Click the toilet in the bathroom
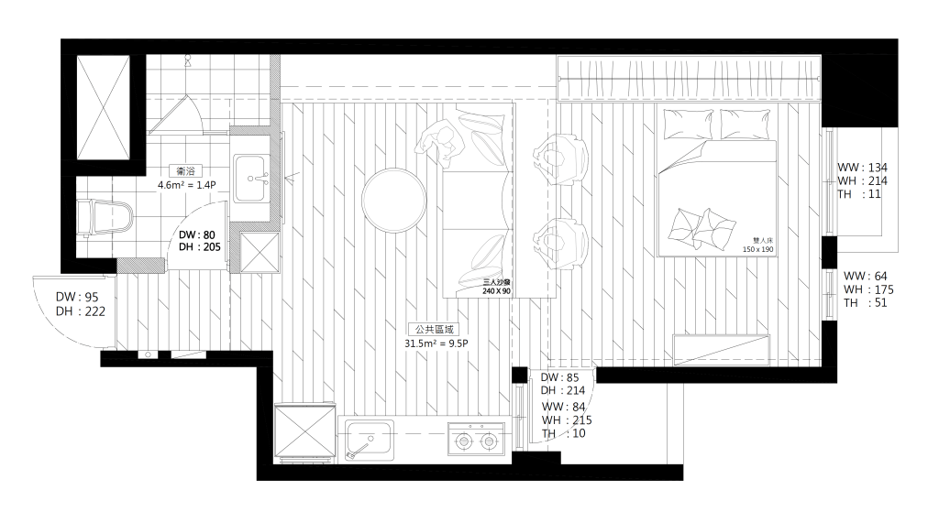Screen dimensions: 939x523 coord(105,217)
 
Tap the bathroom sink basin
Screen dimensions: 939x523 coord(250,179)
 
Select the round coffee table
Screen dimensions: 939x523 coord(394,200)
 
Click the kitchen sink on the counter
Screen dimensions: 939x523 coord(370,440)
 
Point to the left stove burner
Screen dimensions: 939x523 coord(463,442)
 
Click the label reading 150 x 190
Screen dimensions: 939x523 coord(757,249)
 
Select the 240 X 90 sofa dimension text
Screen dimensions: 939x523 coord(496,291)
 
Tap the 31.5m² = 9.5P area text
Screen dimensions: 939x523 coord(436,343)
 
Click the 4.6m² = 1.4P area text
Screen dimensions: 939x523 coord(186,185)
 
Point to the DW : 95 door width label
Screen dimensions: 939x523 coord(77,297)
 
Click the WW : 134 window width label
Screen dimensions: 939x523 coord(862,168)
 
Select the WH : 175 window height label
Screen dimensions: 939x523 coord(868,289)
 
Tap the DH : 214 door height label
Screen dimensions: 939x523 coord(562,391)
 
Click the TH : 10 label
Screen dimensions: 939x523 coord(564,433)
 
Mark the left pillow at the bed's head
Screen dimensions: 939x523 coord(688,124)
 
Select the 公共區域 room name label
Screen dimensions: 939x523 coord(434,329)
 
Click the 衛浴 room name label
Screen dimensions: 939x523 coord(186,171)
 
